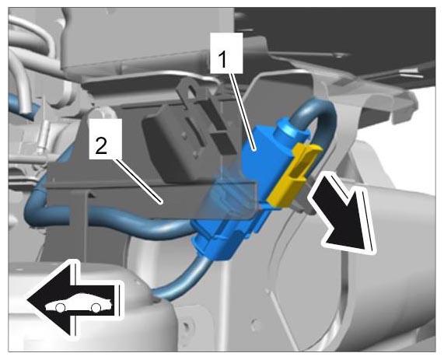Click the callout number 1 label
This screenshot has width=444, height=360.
pyautogui.click(x=226, y=53)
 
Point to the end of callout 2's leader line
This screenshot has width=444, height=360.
pyautogui.click(x=160, y=202)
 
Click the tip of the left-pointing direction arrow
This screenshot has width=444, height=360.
pyautogui.click(x=27, y=300)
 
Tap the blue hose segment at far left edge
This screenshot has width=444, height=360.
pyautogui.click(x=19, y=103)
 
